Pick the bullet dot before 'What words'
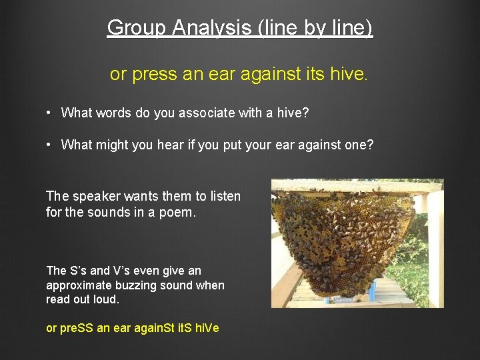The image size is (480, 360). (x=49, y=113)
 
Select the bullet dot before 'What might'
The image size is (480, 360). (x=49, y=144)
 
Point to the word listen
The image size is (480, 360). (x=225, y=196)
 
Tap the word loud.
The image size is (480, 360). (x=107, y=299)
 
